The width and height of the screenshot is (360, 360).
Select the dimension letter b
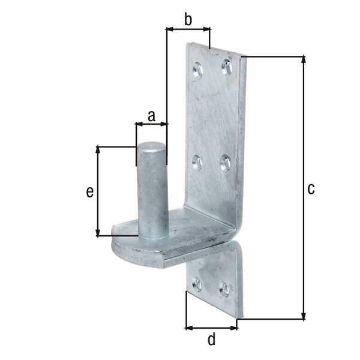click(188, 20)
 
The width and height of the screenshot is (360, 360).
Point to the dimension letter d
click(211, 340)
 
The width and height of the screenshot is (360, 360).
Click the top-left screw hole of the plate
click(199, 70)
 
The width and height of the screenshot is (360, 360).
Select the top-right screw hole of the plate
click(226, 66)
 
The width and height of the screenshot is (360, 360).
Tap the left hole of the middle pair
click(197, 162)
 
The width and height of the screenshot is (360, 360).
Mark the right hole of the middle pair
click(226, 162)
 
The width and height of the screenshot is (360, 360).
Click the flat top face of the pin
click(151, 146)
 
